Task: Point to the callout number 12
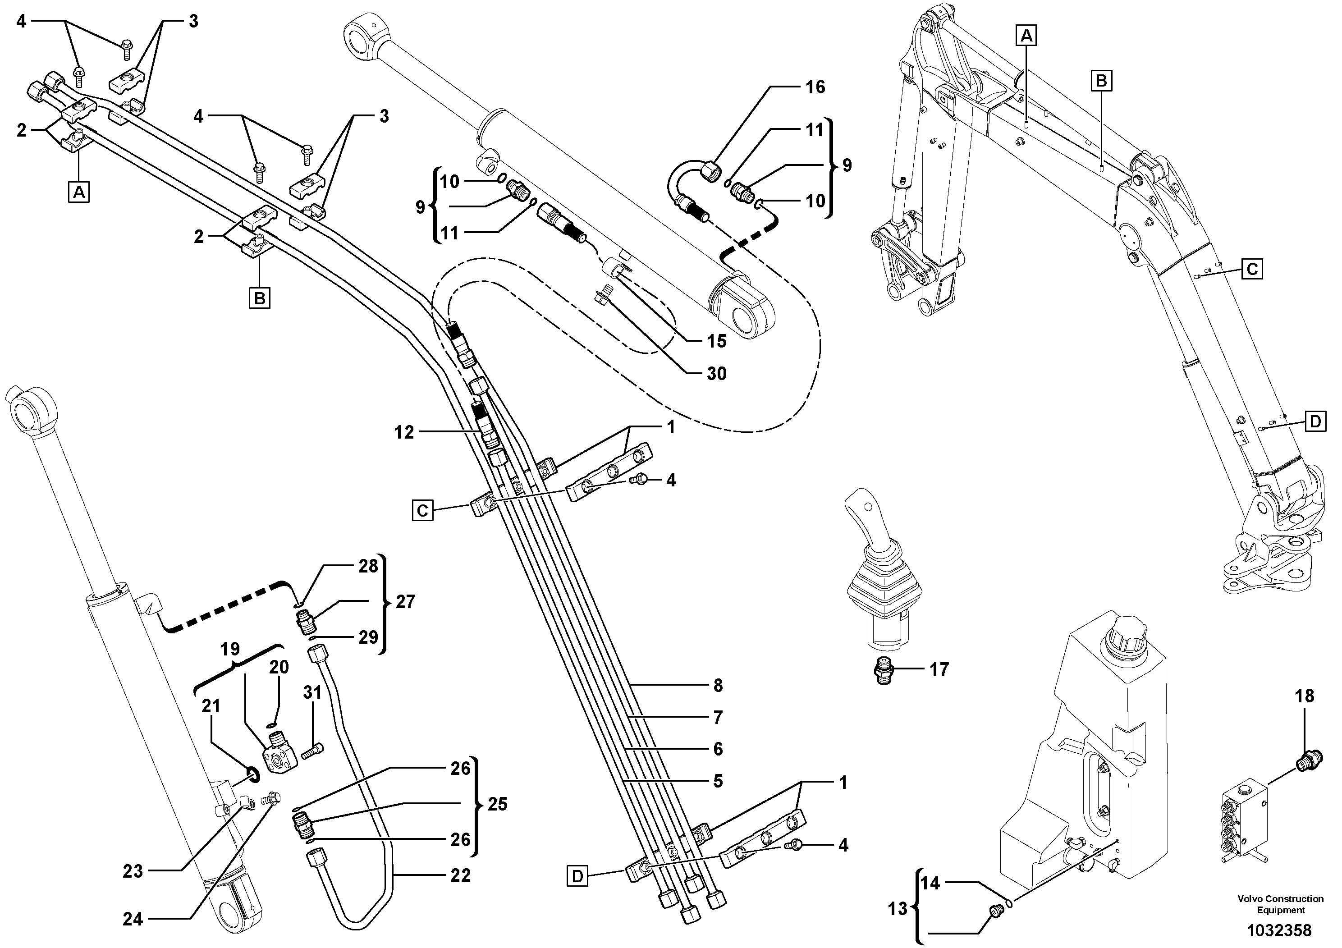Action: pos(404,432)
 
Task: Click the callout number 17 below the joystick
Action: pos(939,669)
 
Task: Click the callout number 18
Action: pos(1305,696)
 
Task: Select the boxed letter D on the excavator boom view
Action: pos(1315,421)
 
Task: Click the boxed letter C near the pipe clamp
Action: pos(422,511)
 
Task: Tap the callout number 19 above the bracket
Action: pos(230,649)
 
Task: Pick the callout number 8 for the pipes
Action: pos(718,686)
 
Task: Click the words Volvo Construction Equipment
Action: pos(1280,904)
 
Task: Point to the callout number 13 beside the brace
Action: pos(898,908)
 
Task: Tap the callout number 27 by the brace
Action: pos(405,601)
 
